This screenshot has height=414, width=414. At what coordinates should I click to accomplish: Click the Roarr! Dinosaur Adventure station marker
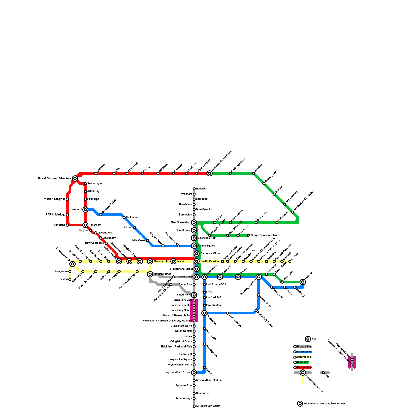(x=75, y=179)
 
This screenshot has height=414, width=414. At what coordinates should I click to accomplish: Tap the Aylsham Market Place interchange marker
(x=210, y=173)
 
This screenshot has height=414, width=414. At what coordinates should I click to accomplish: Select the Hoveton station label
(x=202, y=189)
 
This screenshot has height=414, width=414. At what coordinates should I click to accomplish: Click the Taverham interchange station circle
(x=85, y=225)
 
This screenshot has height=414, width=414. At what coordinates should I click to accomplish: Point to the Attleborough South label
(x=208, y=406)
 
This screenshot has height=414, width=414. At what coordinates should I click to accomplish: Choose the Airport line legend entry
(x=304, y=352)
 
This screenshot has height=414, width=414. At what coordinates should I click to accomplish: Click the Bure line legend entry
(x=302, y=362)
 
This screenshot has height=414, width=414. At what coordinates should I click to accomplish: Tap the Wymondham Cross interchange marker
(x=194, y=373)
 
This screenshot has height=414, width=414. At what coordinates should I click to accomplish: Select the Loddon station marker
(x=303, y=282)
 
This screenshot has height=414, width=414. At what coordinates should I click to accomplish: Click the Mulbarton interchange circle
(x=204, y=313)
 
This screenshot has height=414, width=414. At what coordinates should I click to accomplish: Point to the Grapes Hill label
(x=161, y=261)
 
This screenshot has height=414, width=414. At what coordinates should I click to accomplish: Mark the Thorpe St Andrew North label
(x=265, y=235)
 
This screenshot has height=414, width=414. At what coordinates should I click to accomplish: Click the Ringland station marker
(x=67, y=225)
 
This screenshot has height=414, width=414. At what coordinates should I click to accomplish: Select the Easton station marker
(x=70, y=279)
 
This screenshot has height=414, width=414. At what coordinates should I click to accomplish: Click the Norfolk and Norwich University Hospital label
(x=167, y=321)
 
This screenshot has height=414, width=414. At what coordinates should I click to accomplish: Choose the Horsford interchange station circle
(x=85, y=210)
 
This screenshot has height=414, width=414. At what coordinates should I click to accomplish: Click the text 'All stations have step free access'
(x=325, y=404)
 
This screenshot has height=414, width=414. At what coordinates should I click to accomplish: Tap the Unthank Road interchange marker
(x=150, y=274)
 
